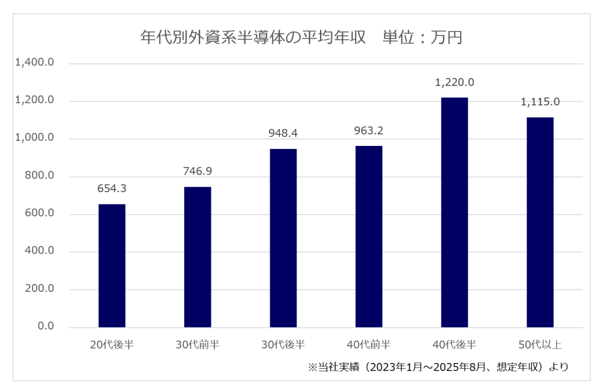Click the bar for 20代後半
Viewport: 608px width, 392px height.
click(112, 266)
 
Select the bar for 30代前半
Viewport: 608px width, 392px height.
click(197, 257)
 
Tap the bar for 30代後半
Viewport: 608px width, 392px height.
click(283, 238)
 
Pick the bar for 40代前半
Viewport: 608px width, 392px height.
click(369, 237)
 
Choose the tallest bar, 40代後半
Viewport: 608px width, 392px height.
click(454, 212)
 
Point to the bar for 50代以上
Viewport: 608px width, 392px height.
click(540, 222)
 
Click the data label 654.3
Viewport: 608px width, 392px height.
click(112, 189)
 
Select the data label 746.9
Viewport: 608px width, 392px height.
click(197, 171)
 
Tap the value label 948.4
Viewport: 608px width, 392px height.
click(283, 133)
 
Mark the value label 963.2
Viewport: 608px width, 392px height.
click(369, 130)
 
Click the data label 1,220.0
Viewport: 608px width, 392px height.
click(454, 82)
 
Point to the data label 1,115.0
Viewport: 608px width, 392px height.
click(540, 102)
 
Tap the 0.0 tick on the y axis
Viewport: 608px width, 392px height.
click(45, 327)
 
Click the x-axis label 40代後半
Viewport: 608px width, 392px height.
click(454, 345)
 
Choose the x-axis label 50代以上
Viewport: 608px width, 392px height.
click(540, 345)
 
